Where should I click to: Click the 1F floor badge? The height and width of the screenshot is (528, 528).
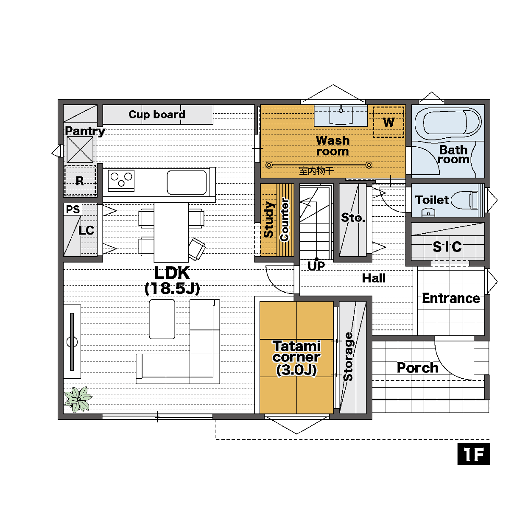click(473, 454)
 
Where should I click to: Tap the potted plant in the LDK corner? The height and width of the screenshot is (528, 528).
click(78, 399)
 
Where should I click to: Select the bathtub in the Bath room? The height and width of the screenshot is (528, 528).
click(448, 123)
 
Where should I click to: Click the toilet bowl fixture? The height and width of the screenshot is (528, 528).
click(465, 200)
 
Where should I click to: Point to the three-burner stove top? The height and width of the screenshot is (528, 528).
click(121, 180)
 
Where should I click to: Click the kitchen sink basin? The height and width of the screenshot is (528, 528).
click(187, 182)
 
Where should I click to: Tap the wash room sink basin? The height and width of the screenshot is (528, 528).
click(341, 115)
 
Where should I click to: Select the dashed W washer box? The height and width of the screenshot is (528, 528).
click(388, 122)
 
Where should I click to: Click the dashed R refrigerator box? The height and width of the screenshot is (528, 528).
click(80, 181)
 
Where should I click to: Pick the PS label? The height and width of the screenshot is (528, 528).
click(73, 210)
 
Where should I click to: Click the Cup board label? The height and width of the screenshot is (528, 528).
click(157, 114)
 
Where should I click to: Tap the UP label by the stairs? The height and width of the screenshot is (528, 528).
click(316, 265)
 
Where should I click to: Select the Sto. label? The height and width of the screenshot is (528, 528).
click(353, 218)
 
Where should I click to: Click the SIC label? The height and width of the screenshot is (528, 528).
click(447, 246)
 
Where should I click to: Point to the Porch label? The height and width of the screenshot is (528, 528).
click(418, 368)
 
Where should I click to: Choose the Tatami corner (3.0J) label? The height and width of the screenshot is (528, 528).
click(296, 358)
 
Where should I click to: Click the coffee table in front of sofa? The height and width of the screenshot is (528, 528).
click(162, 319)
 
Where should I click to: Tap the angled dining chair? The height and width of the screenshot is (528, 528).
click(197, 249)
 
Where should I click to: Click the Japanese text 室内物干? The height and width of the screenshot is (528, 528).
click(316, 171)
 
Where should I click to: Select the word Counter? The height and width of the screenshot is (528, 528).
click(285, 220)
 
